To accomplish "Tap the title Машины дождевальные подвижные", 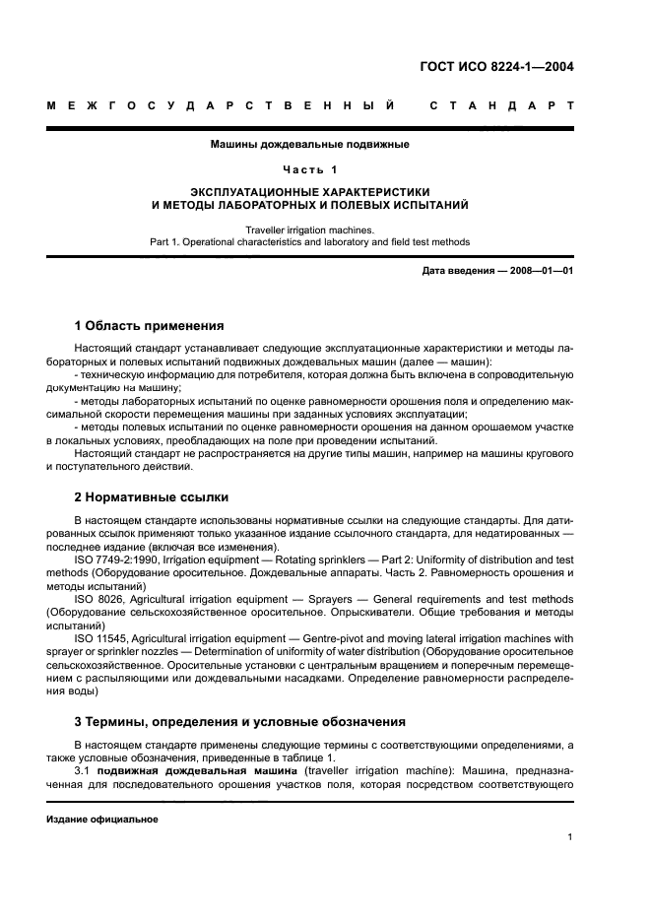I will point(309,144).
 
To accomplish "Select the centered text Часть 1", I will point(309,168).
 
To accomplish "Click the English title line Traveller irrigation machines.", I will point(309,230).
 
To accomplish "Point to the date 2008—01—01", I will point(537,270).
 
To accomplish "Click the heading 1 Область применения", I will point(149,325).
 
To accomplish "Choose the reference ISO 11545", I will point(99,637).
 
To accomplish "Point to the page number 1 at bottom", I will point(571,837).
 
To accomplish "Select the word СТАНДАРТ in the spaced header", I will point(501,103).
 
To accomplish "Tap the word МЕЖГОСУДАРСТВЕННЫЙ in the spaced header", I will point(221,103).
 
